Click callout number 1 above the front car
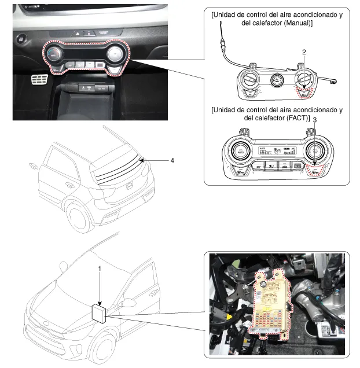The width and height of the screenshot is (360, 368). click(x=100, y=269)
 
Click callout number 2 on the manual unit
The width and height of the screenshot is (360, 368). click(x=304, y=52)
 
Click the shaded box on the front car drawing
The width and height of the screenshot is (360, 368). click(x=98, y=312)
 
